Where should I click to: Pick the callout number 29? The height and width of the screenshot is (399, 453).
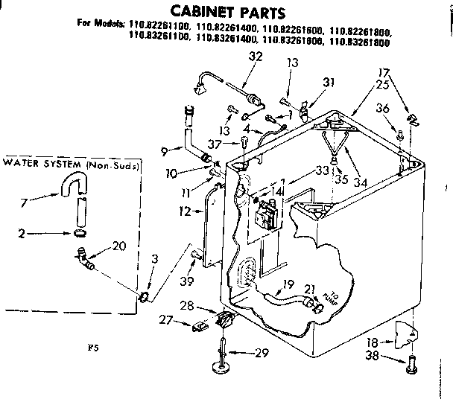259,354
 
